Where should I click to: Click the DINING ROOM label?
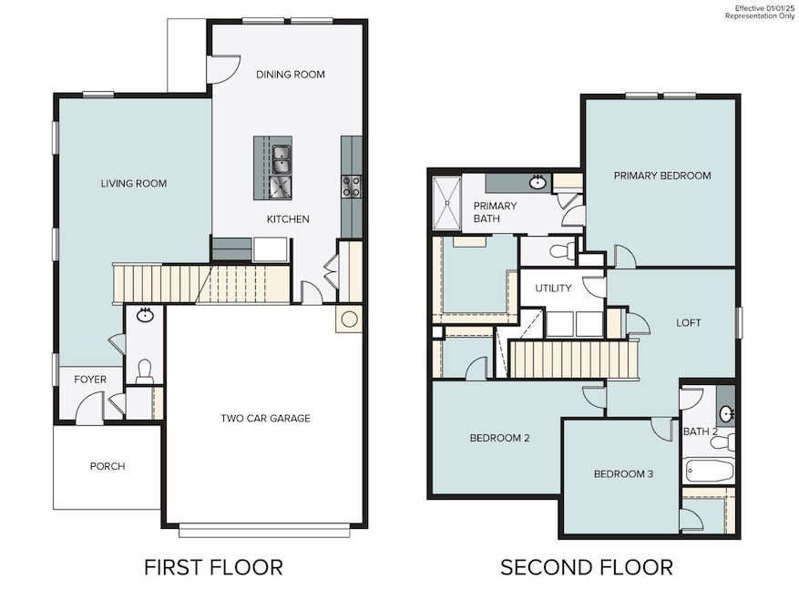pyautogui.click(x=290, y=75)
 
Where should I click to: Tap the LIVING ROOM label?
pyautogui.click(x=134, y=183)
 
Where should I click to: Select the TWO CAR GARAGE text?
pyautogui.click(x=265, y=419)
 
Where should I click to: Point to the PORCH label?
pyautogui.click(x=108, y=466)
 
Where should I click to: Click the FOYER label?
pyautogui.click(x=90, y=380)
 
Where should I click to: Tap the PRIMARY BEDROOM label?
pyautogui.click(x=661, y=176)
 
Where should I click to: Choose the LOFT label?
pyautogui.click(x=688, y=322)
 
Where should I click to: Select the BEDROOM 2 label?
pyautogui.click(x=499, y=438)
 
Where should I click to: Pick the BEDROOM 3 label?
pyautogui.click(x=623, y=473)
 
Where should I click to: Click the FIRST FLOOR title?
pyautogui.click(x=213, y=567)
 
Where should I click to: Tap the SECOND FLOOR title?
pyautogui.click(x=586, y=567)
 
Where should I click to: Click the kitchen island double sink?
pyautogui.click(x=280, y=158)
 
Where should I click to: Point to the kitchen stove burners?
pyautogui.click(x=351, y=187)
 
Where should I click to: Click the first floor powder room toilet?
pyautogui.click(x=143, y=370)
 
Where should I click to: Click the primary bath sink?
pyautogui.click(x=538, y=182)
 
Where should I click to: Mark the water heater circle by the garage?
pyautogui.click(x=349, y=320)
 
